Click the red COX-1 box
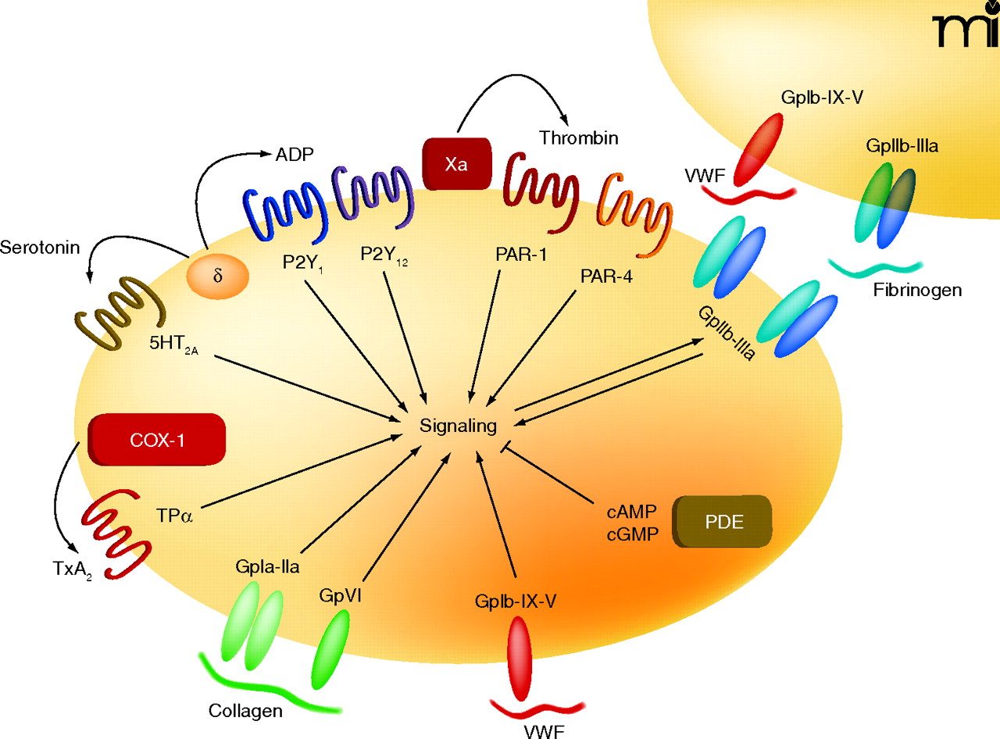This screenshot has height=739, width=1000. click(x=158, y=438)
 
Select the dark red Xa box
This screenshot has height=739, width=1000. click(x=457, y=162)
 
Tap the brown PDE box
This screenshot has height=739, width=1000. click(x=723, y=523)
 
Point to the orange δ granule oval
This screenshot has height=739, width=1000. click(x=217, y=277)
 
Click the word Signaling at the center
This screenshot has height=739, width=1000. click(x=458, y=426)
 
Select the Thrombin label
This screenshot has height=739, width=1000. click(x=579, y=138)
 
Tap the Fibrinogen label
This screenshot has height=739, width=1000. click(x=917, y=290)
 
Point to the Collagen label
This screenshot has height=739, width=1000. click(x=245, y=712)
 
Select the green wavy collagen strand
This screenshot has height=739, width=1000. click(x=266, y=687)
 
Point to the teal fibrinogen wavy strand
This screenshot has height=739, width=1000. click(x=875, y=266)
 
